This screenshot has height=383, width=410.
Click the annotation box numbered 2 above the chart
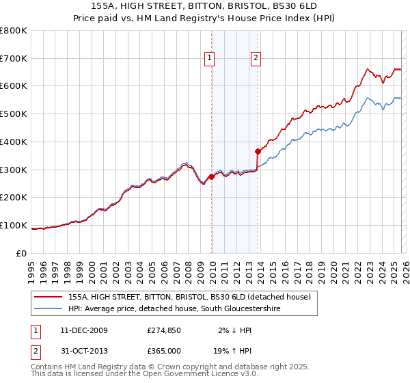point(256,59)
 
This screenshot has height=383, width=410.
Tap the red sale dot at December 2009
point(212,176)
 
